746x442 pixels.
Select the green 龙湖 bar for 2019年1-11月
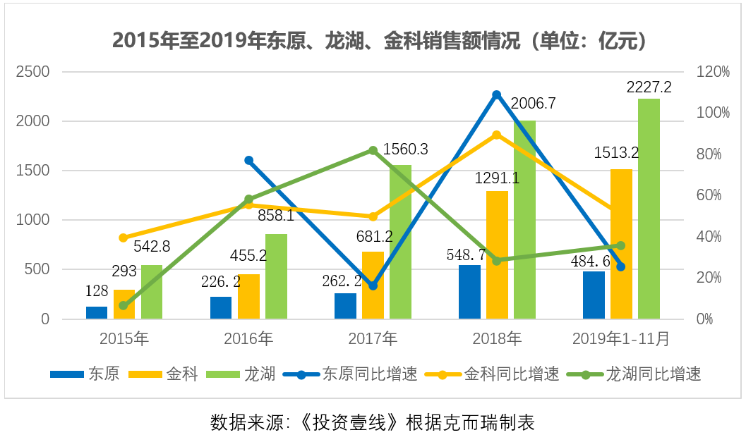[649, 209]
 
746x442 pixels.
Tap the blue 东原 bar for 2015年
[97, 312]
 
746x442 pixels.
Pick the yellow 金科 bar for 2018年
[497, 255]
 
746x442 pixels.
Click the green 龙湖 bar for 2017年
[400, 242]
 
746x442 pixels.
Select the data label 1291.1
[496, 178]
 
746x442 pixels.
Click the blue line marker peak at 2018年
[496, 94]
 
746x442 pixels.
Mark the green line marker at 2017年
[373, 150]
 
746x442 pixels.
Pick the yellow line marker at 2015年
[124, 238]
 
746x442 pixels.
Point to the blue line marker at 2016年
[248, 161]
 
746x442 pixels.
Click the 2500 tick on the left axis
[34, 72]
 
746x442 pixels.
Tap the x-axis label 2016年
[248, 339]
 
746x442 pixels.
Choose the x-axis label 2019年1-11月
[620, 339]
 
